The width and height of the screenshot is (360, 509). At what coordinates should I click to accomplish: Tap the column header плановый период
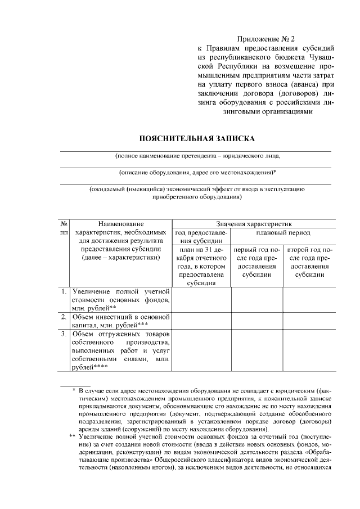(283, 232)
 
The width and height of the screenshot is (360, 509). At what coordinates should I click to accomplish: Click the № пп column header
(64, 228)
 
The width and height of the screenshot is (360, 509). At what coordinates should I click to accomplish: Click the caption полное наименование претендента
(197, 156)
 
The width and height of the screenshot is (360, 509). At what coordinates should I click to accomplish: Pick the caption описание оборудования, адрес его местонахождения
(197, 173)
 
